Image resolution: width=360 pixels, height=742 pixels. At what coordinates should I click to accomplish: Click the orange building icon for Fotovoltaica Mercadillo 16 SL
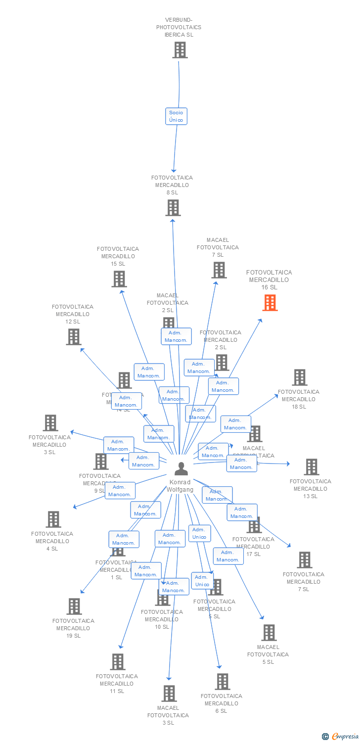coord(270,303)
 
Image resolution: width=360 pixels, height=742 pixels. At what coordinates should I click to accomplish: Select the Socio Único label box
coord(176,116)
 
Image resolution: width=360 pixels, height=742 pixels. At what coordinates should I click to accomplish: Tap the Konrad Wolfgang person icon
coord(181,468)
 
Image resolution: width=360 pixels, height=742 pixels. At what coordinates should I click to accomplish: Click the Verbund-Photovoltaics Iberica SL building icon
coord(180,50)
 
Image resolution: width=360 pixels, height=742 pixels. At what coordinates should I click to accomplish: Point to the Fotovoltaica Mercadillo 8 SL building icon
coord(173,208)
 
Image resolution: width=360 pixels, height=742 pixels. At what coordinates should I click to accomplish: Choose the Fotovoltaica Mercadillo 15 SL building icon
coord(119,279)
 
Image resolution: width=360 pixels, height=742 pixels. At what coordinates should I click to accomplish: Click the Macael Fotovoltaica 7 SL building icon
coord(219,270)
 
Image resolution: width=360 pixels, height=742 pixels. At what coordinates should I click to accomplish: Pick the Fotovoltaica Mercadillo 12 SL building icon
coord(74,337)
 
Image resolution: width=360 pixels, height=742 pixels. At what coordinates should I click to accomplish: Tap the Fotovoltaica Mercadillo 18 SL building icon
coord(300,377)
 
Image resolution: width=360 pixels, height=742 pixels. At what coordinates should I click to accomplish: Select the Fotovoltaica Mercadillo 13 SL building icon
coord(312,467)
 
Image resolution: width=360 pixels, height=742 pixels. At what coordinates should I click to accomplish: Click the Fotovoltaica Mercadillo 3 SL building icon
coord(50,423)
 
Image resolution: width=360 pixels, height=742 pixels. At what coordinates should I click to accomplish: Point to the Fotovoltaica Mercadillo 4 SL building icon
coord(53,519)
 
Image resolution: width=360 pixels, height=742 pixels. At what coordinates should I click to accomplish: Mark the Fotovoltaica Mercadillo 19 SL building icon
coord(74,606)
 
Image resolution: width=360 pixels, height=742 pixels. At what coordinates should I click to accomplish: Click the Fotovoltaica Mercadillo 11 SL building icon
coord(118,662)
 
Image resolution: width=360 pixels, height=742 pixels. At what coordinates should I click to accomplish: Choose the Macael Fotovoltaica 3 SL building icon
coord(169,694)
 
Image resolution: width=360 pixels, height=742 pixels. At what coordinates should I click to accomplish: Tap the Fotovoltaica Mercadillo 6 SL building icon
coord(223,682)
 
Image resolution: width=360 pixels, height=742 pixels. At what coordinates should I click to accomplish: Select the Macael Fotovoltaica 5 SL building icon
coord(269,633)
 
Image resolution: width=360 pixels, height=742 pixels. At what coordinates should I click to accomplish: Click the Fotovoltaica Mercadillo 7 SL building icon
coord(305,560)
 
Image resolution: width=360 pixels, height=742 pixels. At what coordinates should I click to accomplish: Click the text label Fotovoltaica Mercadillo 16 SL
coord(269,279)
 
